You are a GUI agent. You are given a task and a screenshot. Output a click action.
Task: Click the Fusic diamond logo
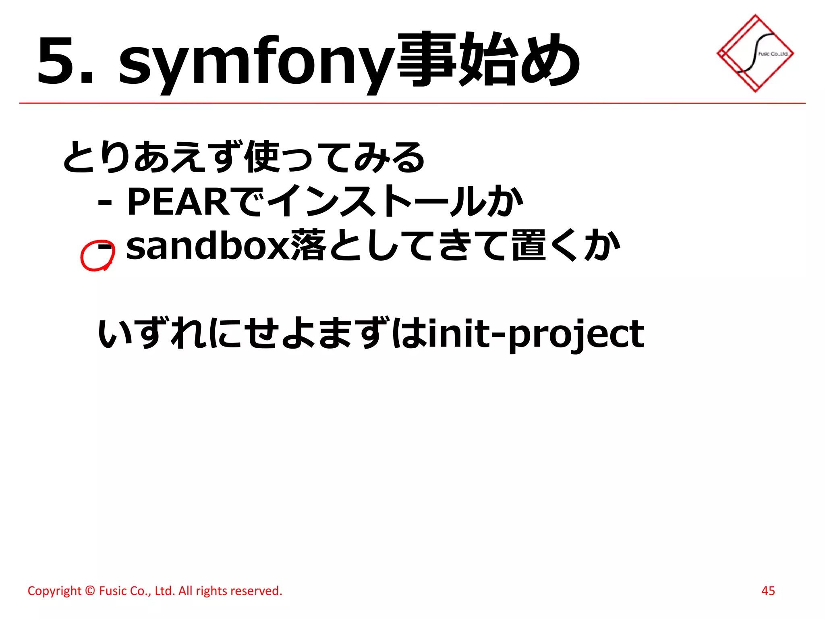pyautogui.click(x=755, y=53)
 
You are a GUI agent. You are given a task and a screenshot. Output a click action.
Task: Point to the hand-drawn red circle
pyautogui.click(x=97, y=255)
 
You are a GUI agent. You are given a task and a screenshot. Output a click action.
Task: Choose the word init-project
pyautogui.click(x=536, y=334)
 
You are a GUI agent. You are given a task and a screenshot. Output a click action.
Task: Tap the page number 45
pyautogui.click(x=768, y=591)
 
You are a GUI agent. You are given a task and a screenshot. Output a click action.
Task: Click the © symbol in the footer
pyautogui.click(x=90, y=591)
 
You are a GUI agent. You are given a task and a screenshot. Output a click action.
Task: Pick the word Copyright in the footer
pyautogui.click(x=54, y=591)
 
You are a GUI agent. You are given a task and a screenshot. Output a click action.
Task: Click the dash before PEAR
pyautogui.click(x=105, y=204)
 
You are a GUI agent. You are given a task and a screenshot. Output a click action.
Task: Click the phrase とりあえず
pyautogui.click(x=153, y=157)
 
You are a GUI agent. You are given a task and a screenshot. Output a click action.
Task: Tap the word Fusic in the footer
pyautogui.click(x=112, y=591)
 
